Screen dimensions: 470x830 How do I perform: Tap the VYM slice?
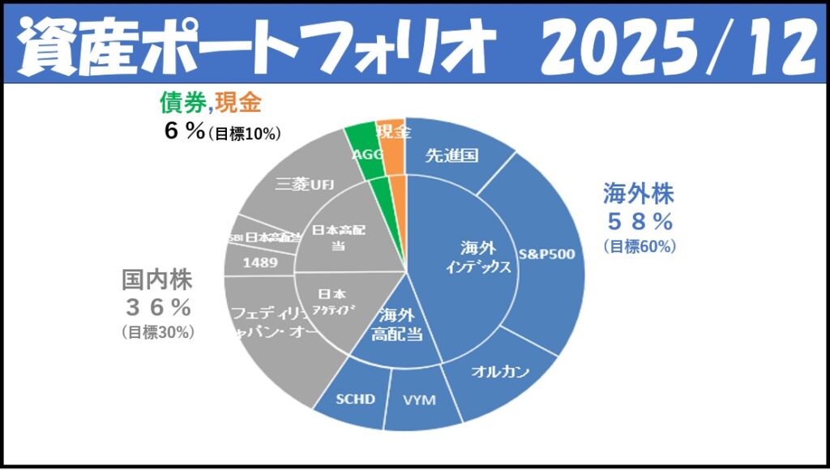click(420, 399)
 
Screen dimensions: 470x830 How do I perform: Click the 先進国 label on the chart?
click(451, 156)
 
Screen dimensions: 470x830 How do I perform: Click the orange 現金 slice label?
click(393, 131)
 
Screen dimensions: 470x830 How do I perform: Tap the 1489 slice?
click(259, 263)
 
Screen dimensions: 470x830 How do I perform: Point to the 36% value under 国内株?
click(157, 306)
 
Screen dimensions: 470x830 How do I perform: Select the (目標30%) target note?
click(157, 331)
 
